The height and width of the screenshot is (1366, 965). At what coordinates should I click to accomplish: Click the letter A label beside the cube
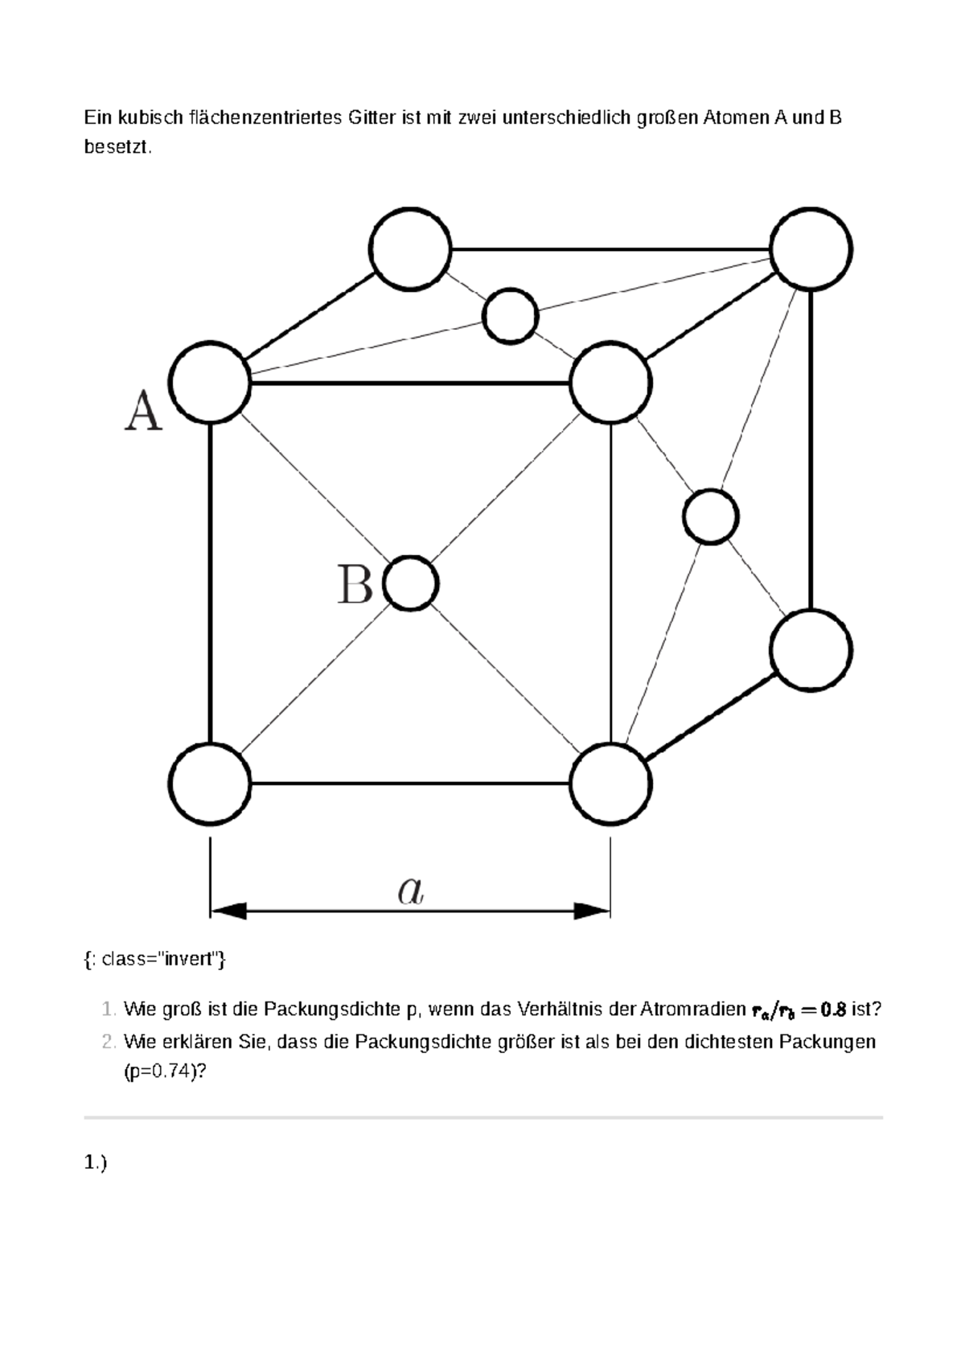[144, 412]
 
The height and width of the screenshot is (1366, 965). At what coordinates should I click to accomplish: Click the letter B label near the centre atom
[355, 583]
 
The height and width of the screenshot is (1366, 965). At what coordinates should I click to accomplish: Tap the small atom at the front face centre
[411, 583]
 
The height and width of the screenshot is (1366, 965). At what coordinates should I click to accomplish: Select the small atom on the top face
[510, 316]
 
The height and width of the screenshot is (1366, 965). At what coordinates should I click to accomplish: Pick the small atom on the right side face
[711, 516]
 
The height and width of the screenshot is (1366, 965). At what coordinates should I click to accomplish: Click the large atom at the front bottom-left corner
[210, 784]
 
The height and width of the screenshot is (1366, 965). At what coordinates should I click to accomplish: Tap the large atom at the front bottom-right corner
[611, 784]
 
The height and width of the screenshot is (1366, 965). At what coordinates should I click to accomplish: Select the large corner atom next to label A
[210, 382]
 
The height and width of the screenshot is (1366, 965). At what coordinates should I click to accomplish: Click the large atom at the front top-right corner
[611, 382]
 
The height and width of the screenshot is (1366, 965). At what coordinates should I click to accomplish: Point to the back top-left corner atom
[410, 249]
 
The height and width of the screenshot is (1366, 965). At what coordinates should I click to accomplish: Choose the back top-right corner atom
[811, 249]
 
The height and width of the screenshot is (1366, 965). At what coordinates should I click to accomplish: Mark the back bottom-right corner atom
[811, 650]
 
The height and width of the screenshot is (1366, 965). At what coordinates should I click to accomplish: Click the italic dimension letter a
[410, 891]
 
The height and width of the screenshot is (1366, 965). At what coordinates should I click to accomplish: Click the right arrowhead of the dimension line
[593, 911]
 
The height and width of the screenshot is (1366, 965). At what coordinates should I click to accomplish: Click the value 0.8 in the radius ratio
[833, 1010]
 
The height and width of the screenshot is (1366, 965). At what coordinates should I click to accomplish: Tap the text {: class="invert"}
[155, 959]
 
